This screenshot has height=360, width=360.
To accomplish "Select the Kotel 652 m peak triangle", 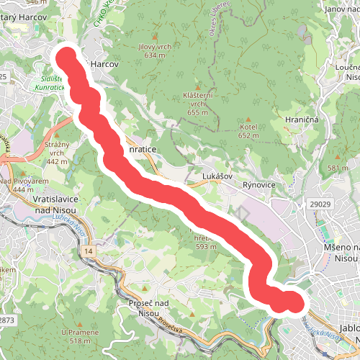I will tap(248, 119).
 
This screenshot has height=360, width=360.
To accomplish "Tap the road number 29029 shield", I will tap(320, 205).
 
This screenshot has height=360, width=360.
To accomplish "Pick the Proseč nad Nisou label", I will tap(148, 309).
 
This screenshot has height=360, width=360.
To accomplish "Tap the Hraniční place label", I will tap(302, 120).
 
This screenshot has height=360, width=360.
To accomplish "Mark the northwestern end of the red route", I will tap(67, 57).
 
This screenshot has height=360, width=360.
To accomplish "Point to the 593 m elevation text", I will tap(206, 247).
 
